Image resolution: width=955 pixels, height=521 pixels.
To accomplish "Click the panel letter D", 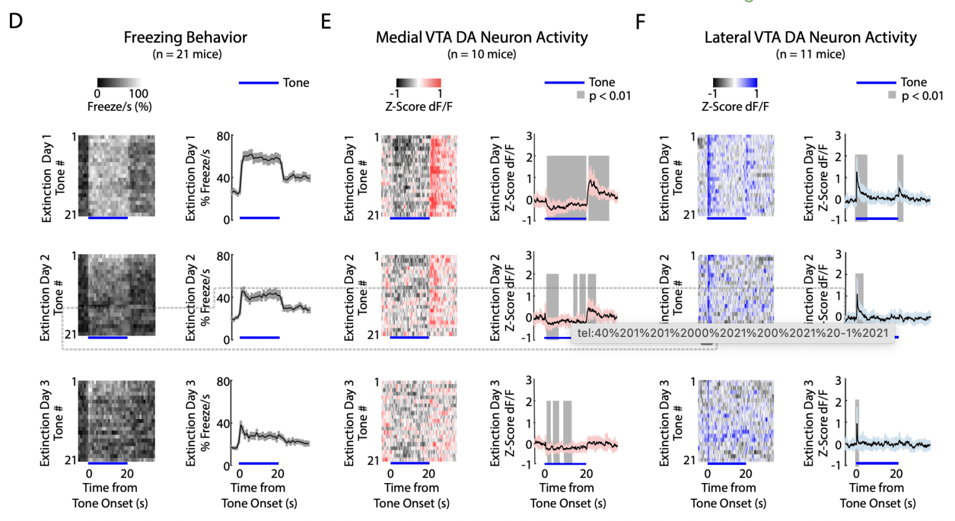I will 16,21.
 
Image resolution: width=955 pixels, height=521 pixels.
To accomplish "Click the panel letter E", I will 326,22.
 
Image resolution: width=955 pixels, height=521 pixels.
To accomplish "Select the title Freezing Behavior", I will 185,37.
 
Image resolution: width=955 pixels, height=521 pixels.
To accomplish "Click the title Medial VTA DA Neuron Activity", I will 481,37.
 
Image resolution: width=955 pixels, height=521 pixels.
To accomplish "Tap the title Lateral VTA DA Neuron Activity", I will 810,37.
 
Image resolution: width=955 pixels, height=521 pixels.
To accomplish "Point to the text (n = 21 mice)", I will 187,54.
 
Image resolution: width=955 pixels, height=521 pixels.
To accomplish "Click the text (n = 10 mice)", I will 481,54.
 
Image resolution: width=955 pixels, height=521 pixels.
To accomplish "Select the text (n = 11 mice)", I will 810,54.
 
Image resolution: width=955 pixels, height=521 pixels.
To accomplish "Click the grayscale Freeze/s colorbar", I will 119,83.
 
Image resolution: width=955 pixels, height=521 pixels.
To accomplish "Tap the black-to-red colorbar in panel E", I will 418,83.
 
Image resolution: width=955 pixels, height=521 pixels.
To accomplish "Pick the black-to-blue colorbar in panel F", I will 735,83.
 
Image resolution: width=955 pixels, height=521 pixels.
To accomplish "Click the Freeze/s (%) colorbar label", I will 119,107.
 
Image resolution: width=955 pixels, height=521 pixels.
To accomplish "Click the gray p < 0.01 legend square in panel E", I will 581,96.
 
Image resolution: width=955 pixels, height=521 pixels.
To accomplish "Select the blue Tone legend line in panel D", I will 258,83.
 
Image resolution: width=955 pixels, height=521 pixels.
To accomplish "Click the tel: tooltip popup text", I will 732,333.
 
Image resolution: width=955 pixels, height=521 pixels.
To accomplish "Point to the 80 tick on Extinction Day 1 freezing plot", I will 223,136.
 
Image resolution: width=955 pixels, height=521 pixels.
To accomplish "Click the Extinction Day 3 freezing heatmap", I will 116,421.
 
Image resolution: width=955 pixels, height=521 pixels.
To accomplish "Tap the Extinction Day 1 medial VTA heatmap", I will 418,175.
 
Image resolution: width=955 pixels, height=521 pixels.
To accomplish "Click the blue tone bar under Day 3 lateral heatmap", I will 726,463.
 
